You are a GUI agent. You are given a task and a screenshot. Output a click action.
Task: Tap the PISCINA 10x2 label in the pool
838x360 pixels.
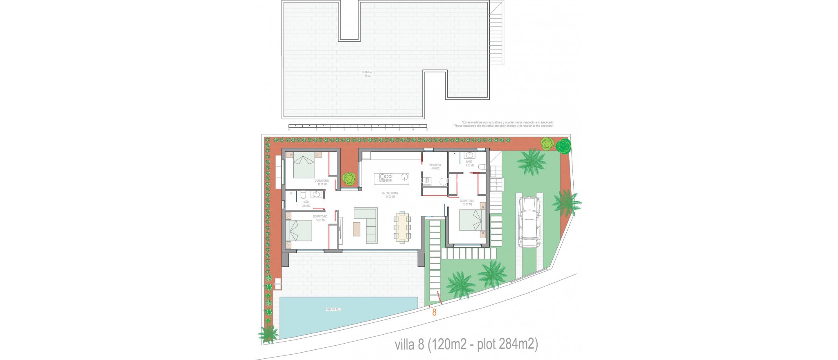[x=334, y=309]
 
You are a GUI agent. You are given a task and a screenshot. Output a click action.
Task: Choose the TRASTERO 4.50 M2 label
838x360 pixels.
[x=435, y=166]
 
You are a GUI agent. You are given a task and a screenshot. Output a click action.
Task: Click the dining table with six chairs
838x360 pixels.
[x=402, y=227]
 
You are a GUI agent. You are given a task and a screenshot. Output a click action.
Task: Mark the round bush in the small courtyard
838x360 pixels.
[x=349, y=178]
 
